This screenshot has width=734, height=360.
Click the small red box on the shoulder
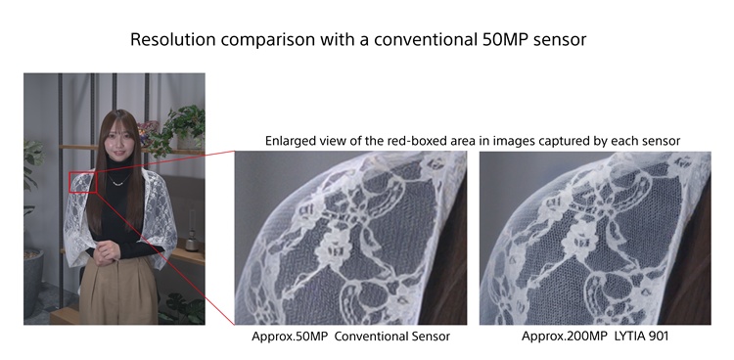pyautogui.click(x=81, y=183)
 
